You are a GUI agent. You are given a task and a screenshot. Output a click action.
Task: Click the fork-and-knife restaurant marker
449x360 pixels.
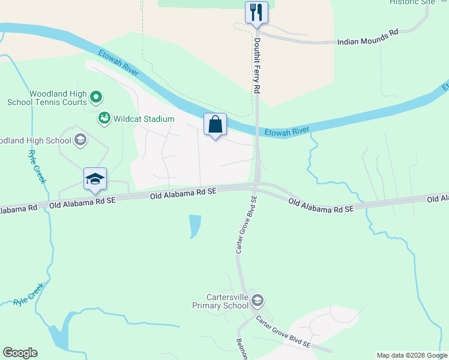point(256,12)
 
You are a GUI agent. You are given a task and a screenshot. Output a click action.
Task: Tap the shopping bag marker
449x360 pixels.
point(215,125)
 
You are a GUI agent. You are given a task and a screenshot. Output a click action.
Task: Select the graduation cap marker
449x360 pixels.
point(95,179)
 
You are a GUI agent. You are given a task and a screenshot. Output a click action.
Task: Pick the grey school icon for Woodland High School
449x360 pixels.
point(80,140)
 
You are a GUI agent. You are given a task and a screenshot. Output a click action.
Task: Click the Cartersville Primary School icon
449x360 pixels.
point(257,300)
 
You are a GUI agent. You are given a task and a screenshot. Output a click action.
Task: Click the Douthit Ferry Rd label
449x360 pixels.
point(256,66)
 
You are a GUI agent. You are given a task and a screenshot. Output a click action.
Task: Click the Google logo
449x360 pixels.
point(20,353)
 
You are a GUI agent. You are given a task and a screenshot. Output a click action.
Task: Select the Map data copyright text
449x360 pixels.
point(412,355)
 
